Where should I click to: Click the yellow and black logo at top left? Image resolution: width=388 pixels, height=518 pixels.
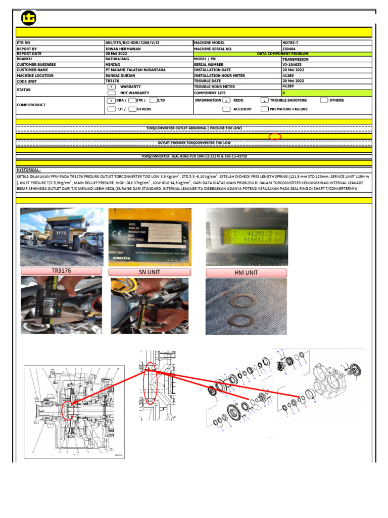click(29, 18)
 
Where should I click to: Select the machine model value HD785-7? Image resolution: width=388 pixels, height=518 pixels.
click(293, 43)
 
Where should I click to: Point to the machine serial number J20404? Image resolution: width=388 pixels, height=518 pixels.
click(289, 49)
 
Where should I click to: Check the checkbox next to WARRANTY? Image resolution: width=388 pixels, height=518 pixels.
click(111, 87)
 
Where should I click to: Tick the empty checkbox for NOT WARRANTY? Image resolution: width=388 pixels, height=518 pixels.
click(111, 93)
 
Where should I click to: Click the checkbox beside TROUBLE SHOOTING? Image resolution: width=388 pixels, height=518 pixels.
click(264, 100)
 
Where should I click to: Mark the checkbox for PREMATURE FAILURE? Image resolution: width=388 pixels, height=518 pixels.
click(265, 109)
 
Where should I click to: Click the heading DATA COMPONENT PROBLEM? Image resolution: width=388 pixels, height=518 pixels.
click(282, 54)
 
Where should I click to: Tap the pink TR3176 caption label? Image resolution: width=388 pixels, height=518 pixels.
click(61, 271)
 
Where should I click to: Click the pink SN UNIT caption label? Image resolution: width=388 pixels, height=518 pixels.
click(150, 272)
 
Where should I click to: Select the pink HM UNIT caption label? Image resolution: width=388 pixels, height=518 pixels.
click(247, 273)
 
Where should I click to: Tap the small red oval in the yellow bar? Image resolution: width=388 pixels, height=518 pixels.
click(275, 137)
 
